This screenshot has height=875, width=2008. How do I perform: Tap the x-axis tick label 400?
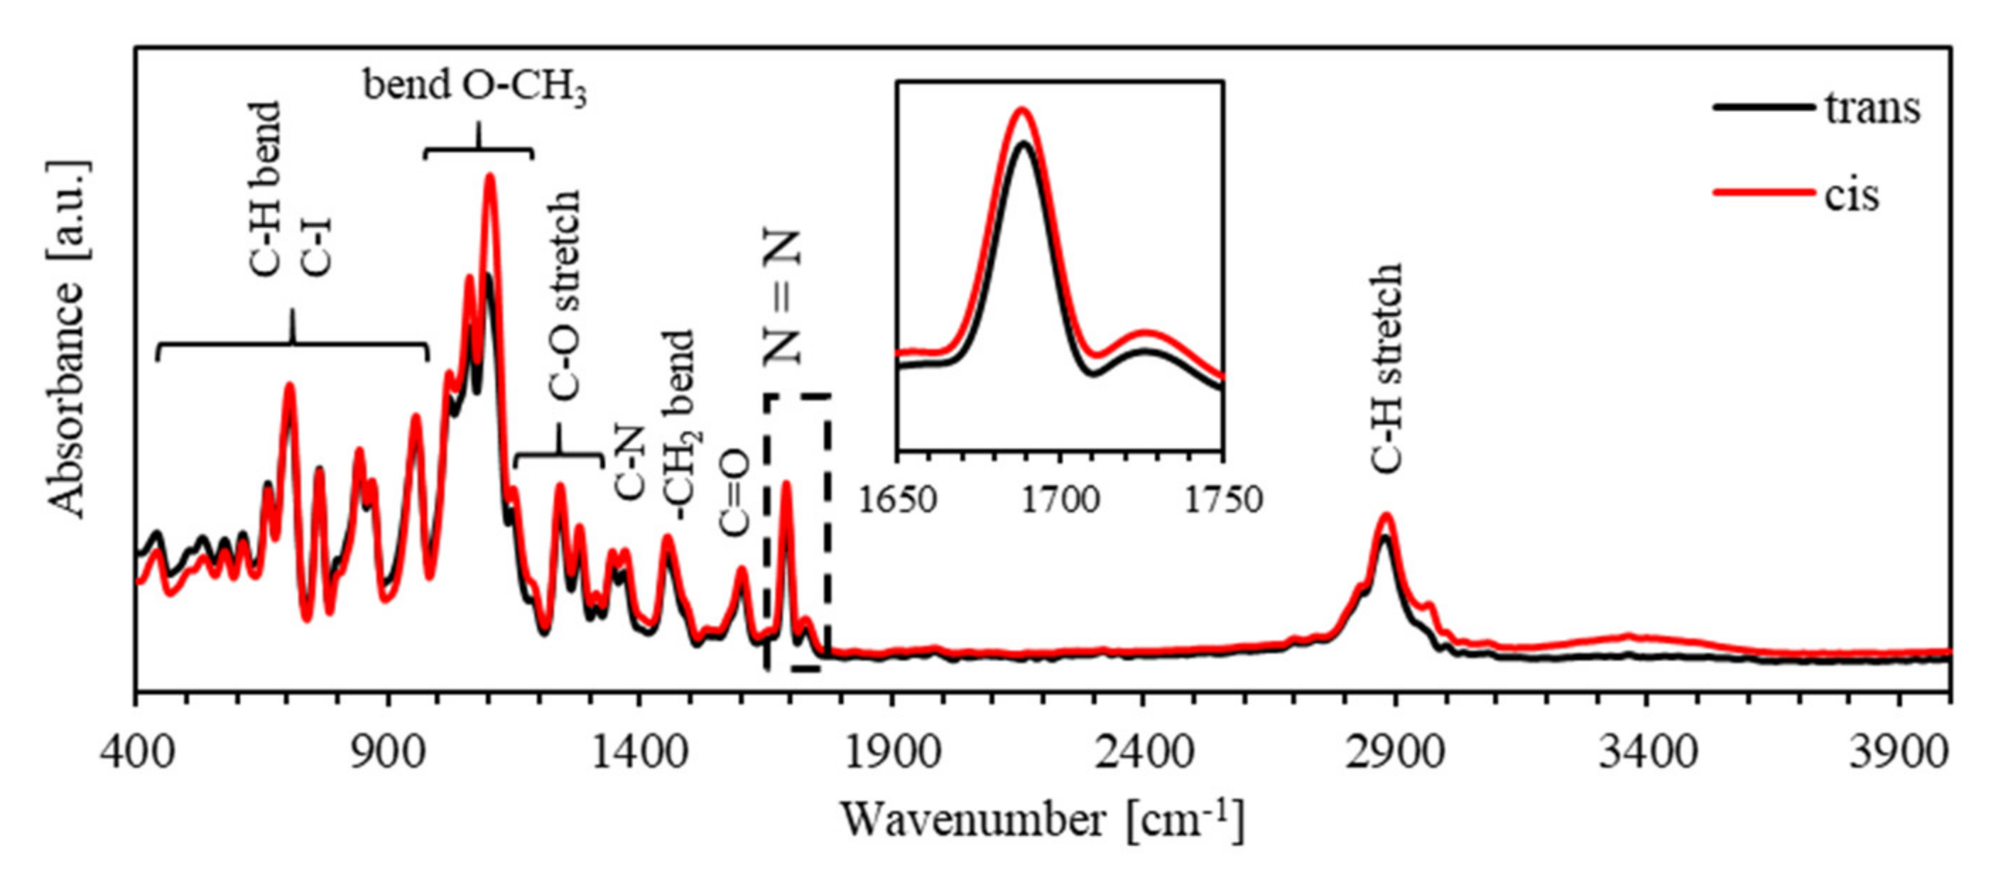(x=136, y=754)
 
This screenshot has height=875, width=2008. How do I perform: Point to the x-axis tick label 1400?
(x=640, y=754)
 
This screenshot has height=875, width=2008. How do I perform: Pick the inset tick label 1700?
(x=1060, y=500)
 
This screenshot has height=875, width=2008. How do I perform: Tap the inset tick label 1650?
(x=898, y=500)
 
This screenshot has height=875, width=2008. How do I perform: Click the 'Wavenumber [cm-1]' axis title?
(x=1042, y=820)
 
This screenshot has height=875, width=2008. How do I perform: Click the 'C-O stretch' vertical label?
(x=565, y=295)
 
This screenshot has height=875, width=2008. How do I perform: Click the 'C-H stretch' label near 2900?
(x=1386, y=368)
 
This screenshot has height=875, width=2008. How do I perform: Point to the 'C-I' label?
(x=318, y=247)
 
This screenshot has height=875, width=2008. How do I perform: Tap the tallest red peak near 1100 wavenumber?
(x=490, y=177)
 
